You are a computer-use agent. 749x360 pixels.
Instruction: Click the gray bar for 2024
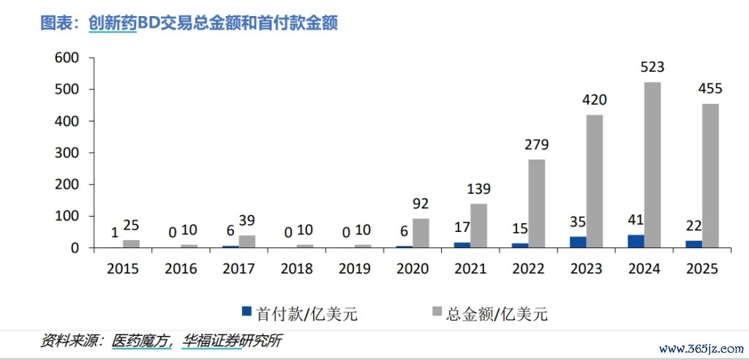(652, 165)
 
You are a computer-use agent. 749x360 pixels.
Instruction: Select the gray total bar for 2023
(594, 181)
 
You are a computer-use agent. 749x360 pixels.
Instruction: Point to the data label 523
(652, 67)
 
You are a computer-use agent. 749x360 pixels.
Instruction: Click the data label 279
(536, 144)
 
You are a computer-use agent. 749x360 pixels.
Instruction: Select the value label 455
(709, 89)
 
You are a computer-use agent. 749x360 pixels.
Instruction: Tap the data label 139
(478, 189)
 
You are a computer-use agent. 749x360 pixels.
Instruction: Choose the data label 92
(421, 203)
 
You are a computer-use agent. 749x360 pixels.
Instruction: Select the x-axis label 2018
(296, 269)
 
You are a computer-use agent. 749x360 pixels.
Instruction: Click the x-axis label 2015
(124, 269)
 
